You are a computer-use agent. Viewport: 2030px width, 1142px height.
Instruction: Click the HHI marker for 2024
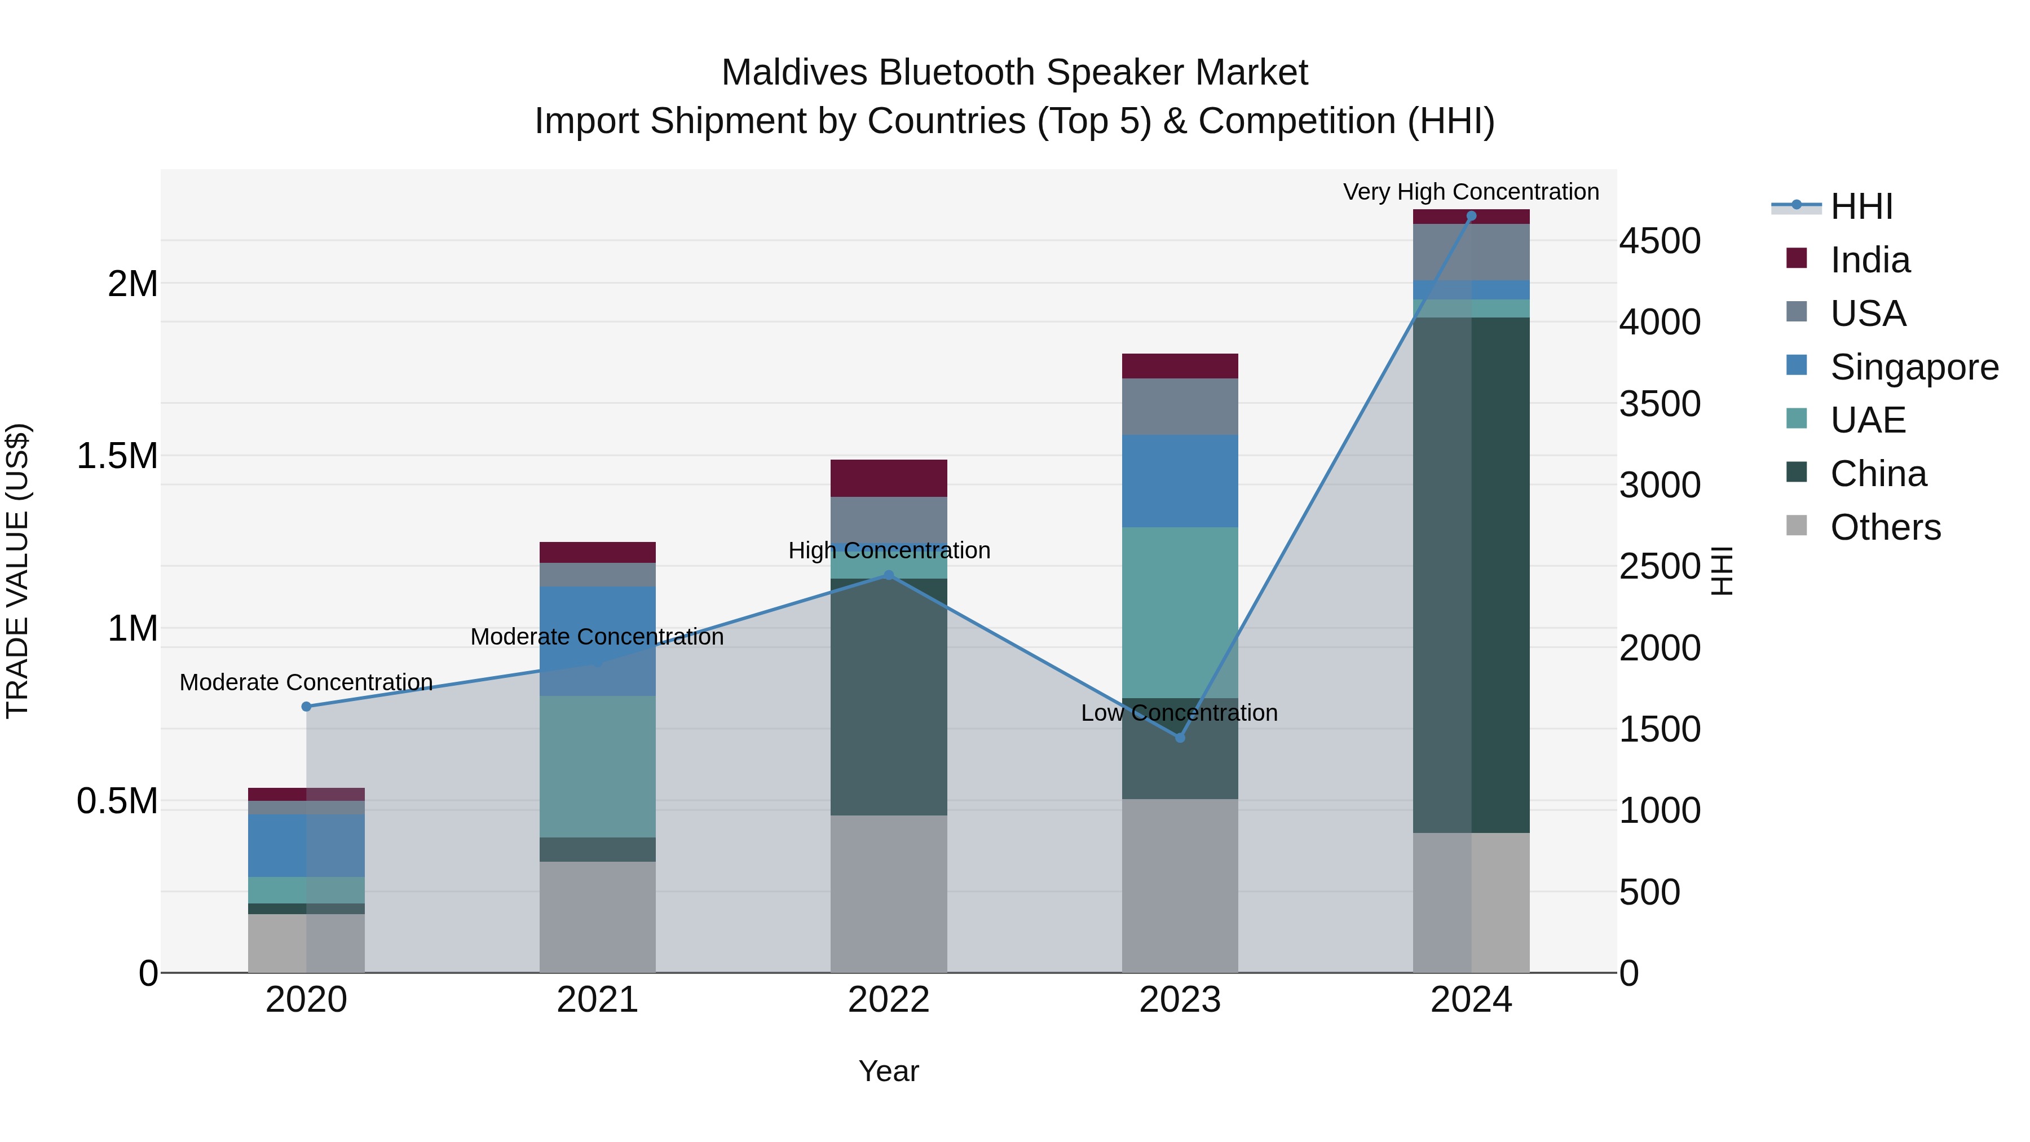pyautogui.click(x=1471, y=216)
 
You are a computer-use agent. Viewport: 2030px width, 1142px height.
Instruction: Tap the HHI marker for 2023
pyautogui.click(x=1180, y=738)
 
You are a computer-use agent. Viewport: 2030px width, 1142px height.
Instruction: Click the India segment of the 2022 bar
pyautogui.click(x=888, y=478)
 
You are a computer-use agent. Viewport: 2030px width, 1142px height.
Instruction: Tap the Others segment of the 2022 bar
pyautogui.click(x=888, y=894)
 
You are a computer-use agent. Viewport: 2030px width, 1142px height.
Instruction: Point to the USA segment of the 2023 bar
pyautogui.click(x=1180, y=407)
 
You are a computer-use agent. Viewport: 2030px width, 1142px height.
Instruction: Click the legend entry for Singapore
pyautogui.click(x=1913, y=367)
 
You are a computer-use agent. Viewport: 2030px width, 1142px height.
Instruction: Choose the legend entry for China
pyautogui.click(x=1877, y=474)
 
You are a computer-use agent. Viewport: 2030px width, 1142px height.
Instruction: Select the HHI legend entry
pyautogui.click(x=1861, y=206)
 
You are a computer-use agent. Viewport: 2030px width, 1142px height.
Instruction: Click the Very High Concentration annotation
pyautogui.click(x=1471, y=192)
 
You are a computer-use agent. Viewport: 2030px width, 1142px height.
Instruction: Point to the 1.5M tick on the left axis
pyautogui.click(x=117, y=456)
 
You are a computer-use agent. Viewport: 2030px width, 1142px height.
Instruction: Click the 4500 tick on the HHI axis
pyautogui.click(x=1660, y=241)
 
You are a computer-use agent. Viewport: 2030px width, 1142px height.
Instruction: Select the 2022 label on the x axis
pyautogui.click(x=888, y=1000)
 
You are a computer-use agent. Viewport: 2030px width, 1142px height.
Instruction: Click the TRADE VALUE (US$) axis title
pyautogui.click(x=17, y=571)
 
